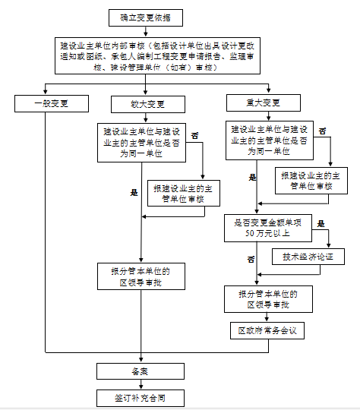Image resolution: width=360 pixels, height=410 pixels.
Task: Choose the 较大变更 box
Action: [x=147, y=103]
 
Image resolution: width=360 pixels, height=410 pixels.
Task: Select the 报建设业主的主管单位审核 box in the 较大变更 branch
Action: [x=183, y=193]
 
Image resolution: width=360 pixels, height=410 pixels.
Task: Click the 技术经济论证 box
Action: [x=308, y=257]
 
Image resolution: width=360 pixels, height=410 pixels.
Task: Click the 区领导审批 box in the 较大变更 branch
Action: [x=141, y=277]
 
